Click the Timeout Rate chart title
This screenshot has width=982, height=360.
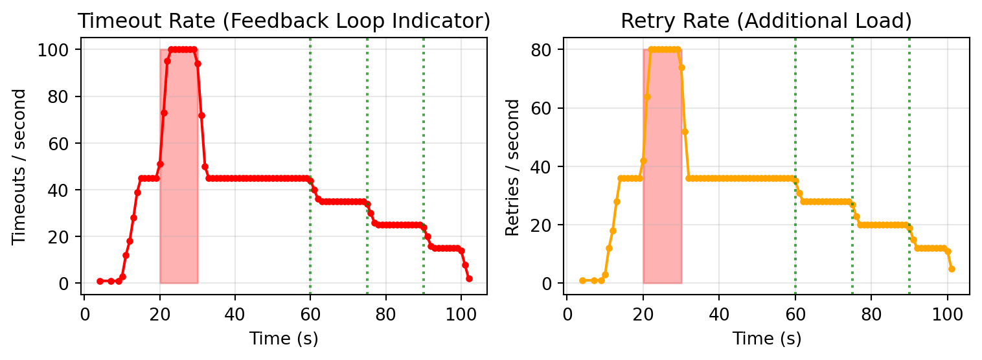(284, 21)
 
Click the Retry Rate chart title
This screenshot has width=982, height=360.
(766, 21)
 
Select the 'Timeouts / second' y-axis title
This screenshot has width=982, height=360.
(19, 166)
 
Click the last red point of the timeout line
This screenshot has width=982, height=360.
(469, 278)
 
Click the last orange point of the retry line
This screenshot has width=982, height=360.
(952, 269)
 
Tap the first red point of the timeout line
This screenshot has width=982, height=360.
(100, 281)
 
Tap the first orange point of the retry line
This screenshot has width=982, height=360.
(582, 280)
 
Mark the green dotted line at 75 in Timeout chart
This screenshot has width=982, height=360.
(367, 129)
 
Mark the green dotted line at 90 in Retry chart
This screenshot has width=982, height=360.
(909, 129)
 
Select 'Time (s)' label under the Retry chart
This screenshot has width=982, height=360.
(767, 337)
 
